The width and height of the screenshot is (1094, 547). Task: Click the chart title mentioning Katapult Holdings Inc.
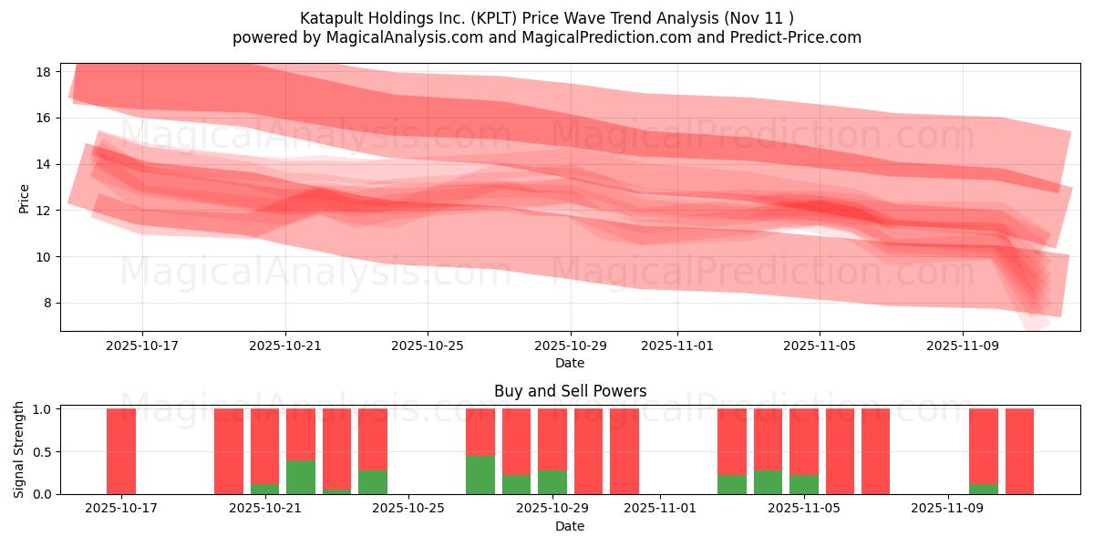click(546, 18)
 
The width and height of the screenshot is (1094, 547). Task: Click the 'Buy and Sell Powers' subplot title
click(570, 391)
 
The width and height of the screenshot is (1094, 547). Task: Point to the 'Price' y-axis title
click(25, 198)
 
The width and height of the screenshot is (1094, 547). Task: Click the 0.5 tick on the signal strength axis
click(43, 452)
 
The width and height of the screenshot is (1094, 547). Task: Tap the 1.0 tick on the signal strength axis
click(43, 409)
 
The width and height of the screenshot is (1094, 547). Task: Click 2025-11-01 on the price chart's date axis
click(676, 346)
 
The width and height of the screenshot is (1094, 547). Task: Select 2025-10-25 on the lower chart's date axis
click(408, 509)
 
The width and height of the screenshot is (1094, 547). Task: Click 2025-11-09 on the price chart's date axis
click(963, 346)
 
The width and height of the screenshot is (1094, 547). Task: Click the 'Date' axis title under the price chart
click(570, 363)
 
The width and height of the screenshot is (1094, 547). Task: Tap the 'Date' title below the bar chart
click(570, 526)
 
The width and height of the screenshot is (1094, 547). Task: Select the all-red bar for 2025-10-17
click(121, 451)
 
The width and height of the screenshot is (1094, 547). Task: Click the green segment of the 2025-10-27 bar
click(480, 475)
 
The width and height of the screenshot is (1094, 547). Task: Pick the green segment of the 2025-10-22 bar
click(301, 477)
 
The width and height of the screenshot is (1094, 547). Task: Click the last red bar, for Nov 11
click(1019, 451)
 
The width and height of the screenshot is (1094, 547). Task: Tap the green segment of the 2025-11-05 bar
click(803, 484)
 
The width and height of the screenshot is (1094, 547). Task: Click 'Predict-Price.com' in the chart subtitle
click(795, 37)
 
